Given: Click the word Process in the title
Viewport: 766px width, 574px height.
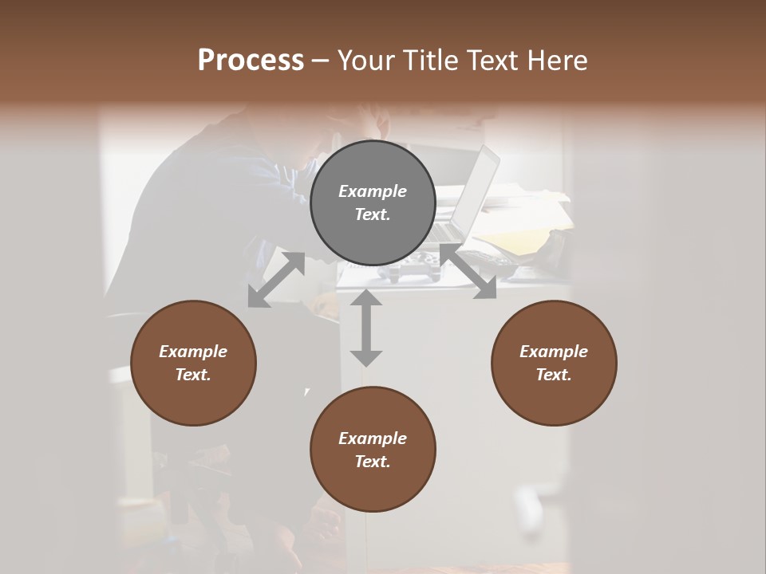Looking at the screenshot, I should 251,61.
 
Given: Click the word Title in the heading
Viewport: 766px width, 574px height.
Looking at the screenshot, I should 429,61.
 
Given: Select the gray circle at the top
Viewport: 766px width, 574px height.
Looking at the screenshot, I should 373,202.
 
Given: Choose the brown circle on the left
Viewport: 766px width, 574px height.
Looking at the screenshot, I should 193,364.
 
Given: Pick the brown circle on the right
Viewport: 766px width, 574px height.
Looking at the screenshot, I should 554,364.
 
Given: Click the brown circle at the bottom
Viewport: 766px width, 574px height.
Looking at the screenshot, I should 373,449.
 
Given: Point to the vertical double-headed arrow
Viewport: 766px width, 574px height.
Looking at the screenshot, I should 366,328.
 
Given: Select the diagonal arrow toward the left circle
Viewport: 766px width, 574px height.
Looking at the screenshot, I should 276,280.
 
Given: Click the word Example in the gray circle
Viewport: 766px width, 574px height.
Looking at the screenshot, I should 373,191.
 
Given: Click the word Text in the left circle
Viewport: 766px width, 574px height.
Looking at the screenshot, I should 193,375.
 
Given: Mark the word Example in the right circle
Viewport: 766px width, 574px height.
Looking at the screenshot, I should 554,352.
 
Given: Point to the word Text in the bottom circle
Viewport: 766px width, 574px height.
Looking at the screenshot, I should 373,462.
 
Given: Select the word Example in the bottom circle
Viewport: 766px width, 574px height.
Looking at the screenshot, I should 373,438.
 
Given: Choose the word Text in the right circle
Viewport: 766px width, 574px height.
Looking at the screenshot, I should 554,375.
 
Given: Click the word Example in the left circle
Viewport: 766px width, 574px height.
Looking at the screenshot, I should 193,352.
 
